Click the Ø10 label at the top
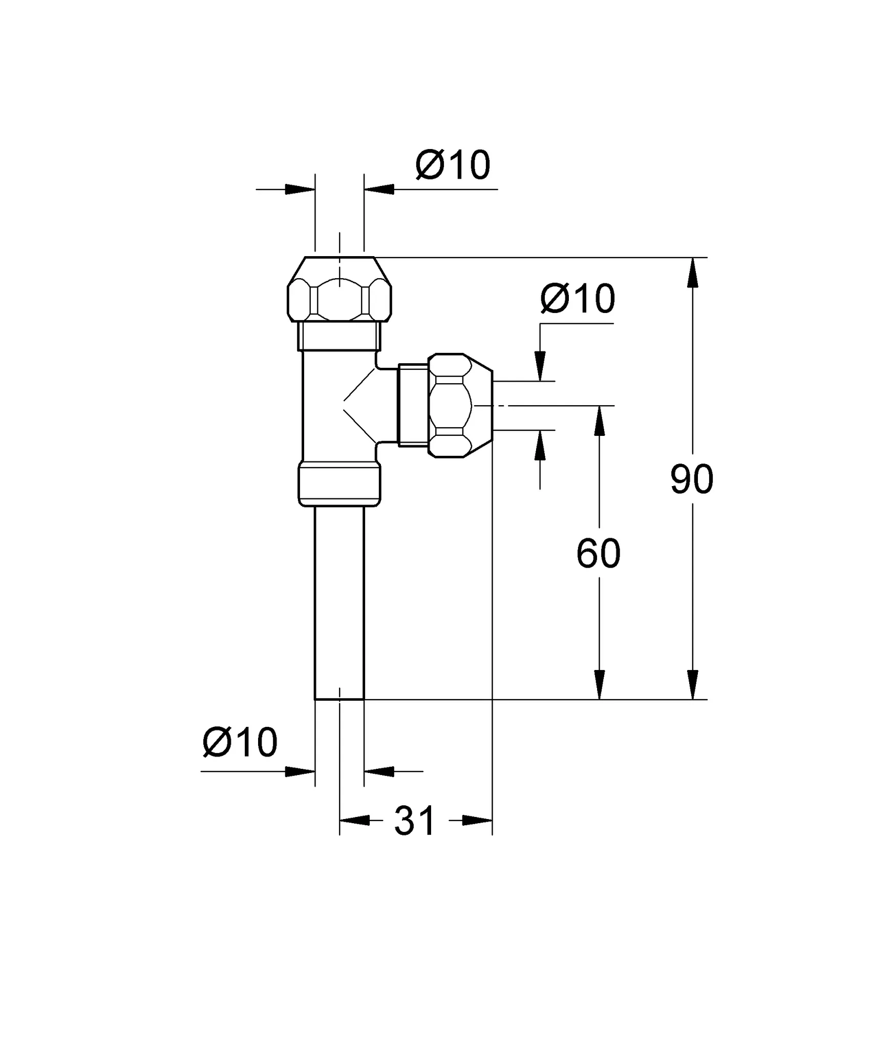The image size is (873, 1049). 453,165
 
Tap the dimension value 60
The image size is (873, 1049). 598,554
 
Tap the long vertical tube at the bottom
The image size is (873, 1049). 339,602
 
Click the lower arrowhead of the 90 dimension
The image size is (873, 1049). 692,684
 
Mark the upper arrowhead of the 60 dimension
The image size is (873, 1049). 599,422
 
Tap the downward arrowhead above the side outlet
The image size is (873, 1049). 540,366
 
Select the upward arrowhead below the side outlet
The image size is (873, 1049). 540,446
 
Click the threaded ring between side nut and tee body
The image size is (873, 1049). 413,405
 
